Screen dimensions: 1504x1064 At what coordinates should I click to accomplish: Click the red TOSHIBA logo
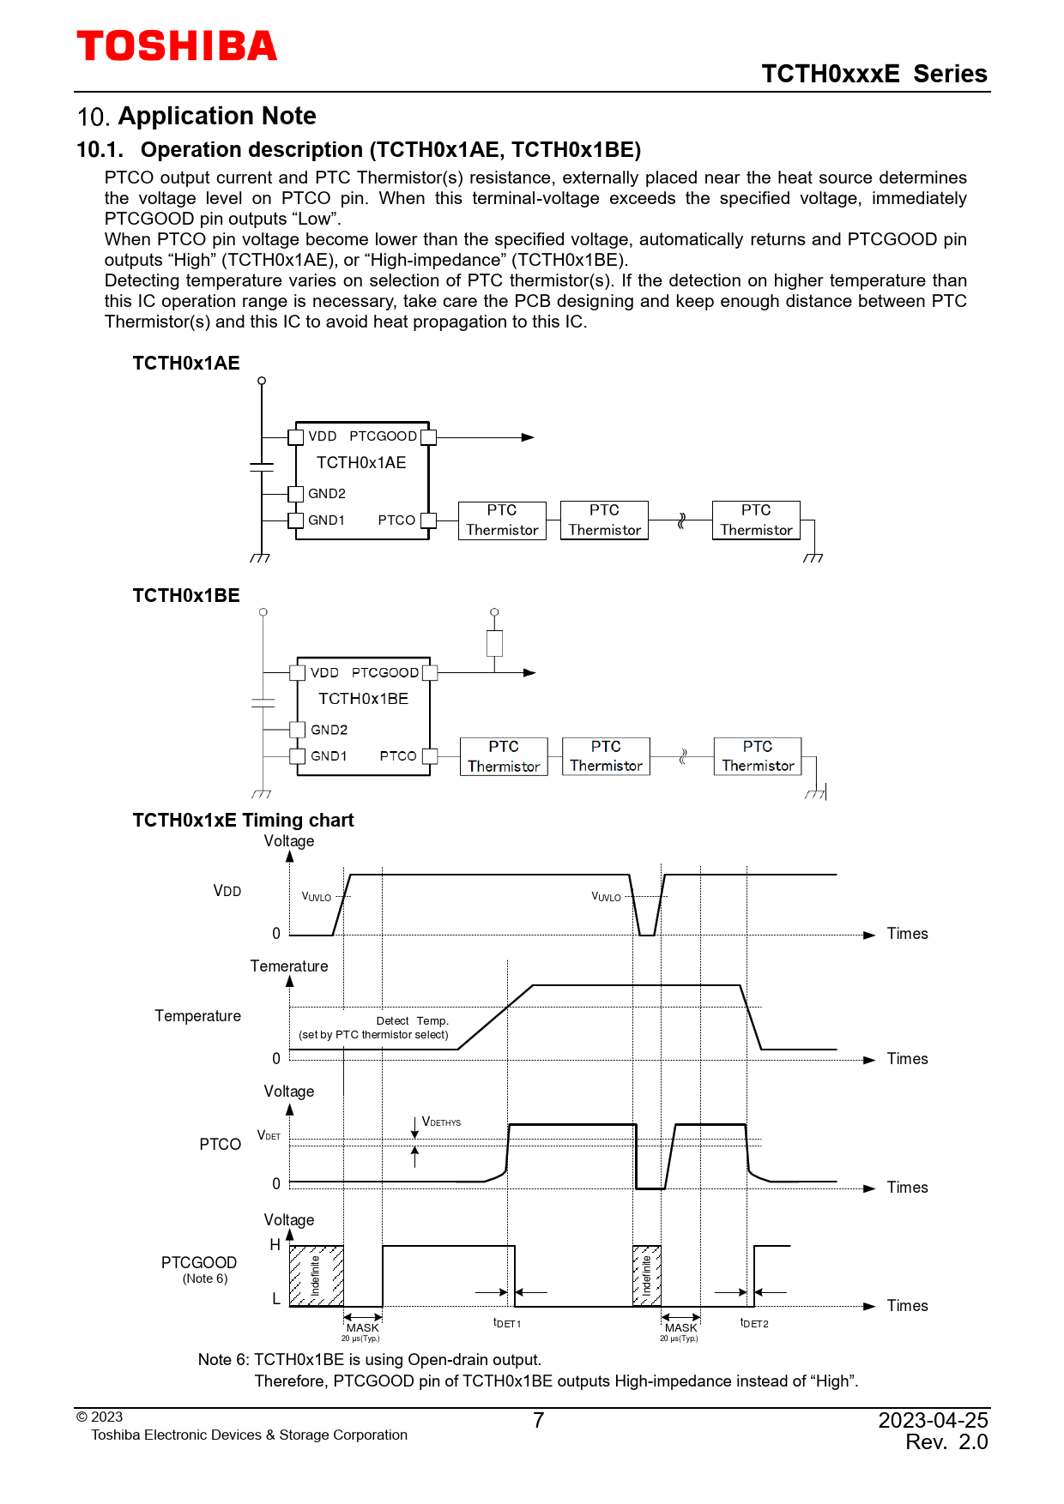[177, 46]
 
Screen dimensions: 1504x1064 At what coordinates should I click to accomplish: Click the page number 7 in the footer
[538, 1421]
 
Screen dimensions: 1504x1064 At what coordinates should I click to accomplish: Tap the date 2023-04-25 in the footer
[933, 1421]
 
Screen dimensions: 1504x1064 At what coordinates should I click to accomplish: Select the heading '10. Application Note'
[196, 117]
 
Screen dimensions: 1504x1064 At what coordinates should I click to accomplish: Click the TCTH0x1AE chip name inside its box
[361, 463]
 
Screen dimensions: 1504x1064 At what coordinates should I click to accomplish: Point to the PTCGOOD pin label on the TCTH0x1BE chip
[385, 673]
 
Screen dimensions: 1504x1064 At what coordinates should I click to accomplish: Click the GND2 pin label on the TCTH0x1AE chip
[327, 494]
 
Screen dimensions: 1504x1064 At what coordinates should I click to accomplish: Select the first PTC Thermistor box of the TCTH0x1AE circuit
[502, 520]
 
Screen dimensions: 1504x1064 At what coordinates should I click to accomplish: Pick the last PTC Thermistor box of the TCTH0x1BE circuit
[758, 756]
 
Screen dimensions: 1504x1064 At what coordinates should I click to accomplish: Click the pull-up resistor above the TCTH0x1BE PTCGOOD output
[494, 643]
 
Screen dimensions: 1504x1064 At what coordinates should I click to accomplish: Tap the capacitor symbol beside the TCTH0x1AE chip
[262, 466]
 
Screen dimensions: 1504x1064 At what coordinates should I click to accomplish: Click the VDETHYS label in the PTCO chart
[442, 1122]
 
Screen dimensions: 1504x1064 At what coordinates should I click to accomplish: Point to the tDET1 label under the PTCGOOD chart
[507, 1323]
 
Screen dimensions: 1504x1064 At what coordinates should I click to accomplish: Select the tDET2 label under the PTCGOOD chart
[754, 1323]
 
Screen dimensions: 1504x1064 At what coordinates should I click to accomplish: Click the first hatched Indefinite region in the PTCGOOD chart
[316, 1276]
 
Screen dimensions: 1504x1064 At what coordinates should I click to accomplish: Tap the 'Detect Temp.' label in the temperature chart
[412, 1021]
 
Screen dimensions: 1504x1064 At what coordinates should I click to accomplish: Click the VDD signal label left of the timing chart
[227, 892]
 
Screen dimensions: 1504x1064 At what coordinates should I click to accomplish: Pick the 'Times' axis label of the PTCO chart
[907, 1188]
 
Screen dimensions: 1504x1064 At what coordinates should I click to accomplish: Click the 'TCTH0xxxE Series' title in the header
[874, 75]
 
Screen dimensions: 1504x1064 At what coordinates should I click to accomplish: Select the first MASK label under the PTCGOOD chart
[362, 1328]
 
